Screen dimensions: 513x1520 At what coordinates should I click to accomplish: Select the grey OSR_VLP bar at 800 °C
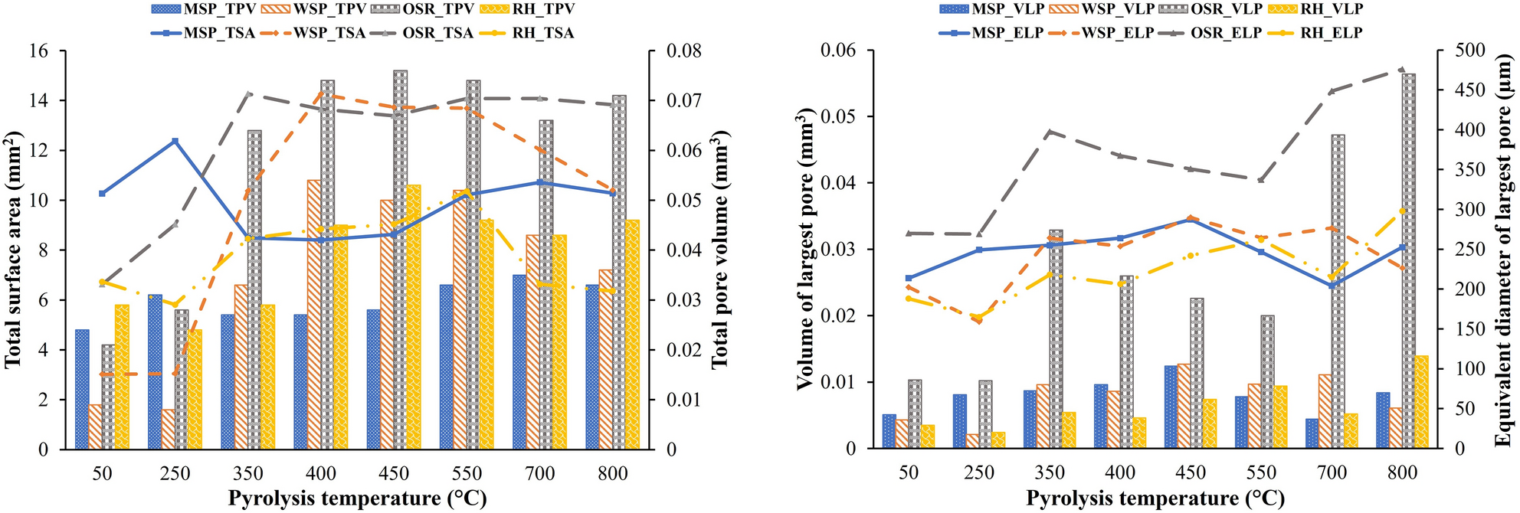click(x=1408, y=260)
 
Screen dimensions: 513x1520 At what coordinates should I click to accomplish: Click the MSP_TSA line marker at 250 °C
click(x=175, y=141)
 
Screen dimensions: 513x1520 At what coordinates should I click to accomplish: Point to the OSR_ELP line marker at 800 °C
click(x=1402, y=70)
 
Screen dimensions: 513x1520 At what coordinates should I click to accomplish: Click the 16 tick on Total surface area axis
click(x=38, y=51)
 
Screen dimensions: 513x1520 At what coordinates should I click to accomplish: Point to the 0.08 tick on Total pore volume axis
click(x=683, y=51)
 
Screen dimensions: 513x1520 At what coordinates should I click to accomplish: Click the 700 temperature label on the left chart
click(x=540, y=473)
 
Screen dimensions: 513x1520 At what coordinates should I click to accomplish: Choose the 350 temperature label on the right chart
click(x=1050, y=472)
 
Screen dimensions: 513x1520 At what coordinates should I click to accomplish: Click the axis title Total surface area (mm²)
click(x=13, y=249)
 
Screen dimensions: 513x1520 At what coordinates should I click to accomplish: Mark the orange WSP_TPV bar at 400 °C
click(x=313, y=315)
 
